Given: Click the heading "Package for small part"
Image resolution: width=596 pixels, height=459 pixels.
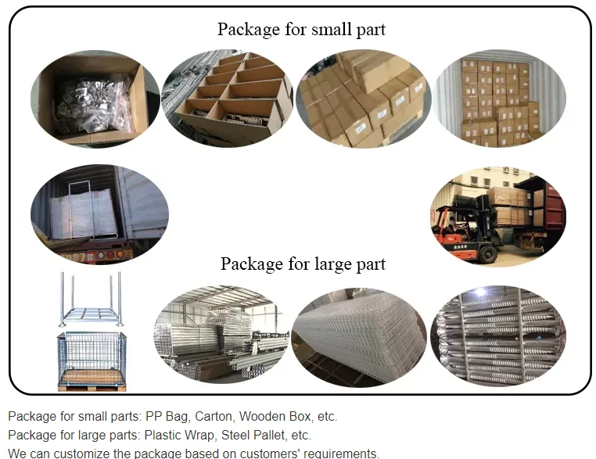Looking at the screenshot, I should click(301, 30).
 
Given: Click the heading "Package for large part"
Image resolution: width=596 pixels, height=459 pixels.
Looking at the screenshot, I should click(303, 264).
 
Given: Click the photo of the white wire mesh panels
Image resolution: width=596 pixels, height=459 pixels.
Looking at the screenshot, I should click(359, 337).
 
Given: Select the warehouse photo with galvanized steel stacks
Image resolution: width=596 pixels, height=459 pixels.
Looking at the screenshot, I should click(221, 337).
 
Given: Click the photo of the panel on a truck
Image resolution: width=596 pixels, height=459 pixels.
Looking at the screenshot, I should click(99, 213).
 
